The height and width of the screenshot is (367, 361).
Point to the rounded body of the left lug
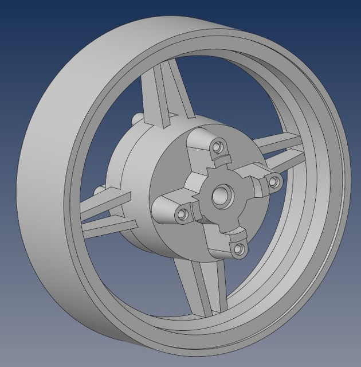pyautogui.click(x=169, y=209)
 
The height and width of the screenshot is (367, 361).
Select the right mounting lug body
pyautogui.click(x=261, y=172)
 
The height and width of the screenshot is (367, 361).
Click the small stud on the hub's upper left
pyautogui.click(x=137, y=119)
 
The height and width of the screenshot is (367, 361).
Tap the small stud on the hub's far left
pyautogui.click(x=98, y=189)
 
